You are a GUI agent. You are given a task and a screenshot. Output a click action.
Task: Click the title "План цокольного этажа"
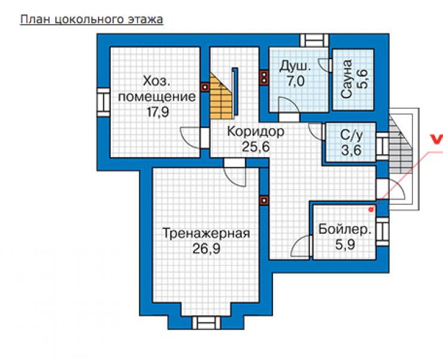[x=92, y=20]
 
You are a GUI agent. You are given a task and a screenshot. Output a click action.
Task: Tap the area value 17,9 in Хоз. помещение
[x=157, y=112]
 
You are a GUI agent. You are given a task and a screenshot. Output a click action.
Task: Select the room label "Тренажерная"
[x=207, y=234]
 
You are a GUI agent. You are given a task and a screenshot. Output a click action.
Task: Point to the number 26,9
[x=207, y=249]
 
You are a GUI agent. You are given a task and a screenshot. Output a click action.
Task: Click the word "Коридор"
[x=256, y=132]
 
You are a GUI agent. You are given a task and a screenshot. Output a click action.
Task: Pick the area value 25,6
[x=256, y=147]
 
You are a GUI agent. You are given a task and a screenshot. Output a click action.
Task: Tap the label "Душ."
[x=295, y=66]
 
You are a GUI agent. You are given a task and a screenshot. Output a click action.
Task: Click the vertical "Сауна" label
[x=347, y=80]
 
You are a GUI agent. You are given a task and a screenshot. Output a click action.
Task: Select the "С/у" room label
[x=351, y=135]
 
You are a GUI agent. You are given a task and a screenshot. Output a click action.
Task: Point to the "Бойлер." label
[x=345, y=230]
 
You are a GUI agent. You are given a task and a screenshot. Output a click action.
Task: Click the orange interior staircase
[x=220, y=96]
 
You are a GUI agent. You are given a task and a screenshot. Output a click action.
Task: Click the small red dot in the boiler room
[x=371, y=209]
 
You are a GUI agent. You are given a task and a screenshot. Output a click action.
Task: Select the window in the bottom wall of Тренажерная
[x=207, y=323]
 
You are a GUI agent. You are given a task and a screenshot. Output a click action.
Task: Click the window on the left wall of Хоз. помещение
[x=104, y=102]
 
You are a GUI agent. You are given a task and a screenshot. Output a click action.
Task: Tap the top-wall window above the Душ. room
[x=314, y=40]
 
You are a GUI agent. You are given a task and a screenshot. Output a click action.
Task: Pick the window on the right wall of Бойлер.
[x=383, y=231]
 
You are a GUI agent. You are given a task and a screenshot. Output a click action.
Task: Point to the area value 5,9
[x=345, y=245]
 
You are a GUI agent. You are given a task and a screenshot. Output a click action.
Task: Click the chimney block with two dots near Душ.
[x=264, y=77]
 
